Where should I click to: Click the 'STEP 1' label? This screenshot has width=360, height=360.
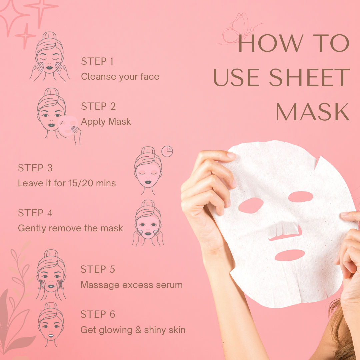coord(97,61)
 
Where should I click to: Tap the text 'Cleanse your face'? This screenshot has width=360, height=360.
coord(120,77)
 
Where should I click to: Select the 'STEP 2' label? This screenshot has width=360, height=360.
coord(98,106)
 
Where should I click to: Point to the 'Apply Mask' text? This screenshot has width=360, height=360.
coord(106,122)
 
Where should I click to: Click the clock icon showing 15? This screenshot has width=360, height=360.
coord(167,152)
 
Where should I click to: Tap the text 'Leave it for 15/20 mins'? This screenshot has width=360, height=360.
coord(67,183)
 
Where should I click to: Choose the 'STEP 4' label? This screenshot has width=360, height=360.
coord(35,213)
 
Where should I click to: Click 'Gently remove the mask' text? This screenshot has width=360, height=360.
coord(70,228)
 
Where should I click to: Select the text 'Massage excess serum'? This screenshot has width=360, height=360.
coord(132,285)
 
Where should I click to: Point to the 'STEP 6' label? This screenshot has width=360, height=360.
coord(98,314)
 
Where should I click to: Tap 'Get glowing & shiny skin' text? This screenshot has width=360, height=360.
coord(133,330)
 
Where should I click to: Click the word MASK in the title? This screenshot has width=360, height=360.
coord(313,112)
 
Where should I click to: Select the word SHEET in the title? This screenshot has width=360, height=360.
coord(309,77)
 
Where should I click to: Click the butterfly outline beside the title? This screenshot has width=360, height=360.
coord(239,29)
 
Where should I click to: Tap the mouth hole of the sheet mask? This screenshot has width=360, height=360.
coord(290,255)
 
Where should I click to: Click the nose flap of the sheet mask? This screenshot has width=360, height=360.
coord(284,230)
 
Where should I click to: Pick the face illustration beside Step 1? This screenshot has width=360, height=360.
coord(49,57)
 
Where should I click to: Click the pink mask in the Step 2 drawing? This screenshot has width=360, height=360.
coord(67,126)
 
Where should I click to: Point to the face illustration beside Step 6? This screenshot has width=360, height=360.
coord(51,324)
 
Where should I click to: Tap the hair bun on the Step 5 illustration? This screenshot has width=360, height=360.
coord(51,253)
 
